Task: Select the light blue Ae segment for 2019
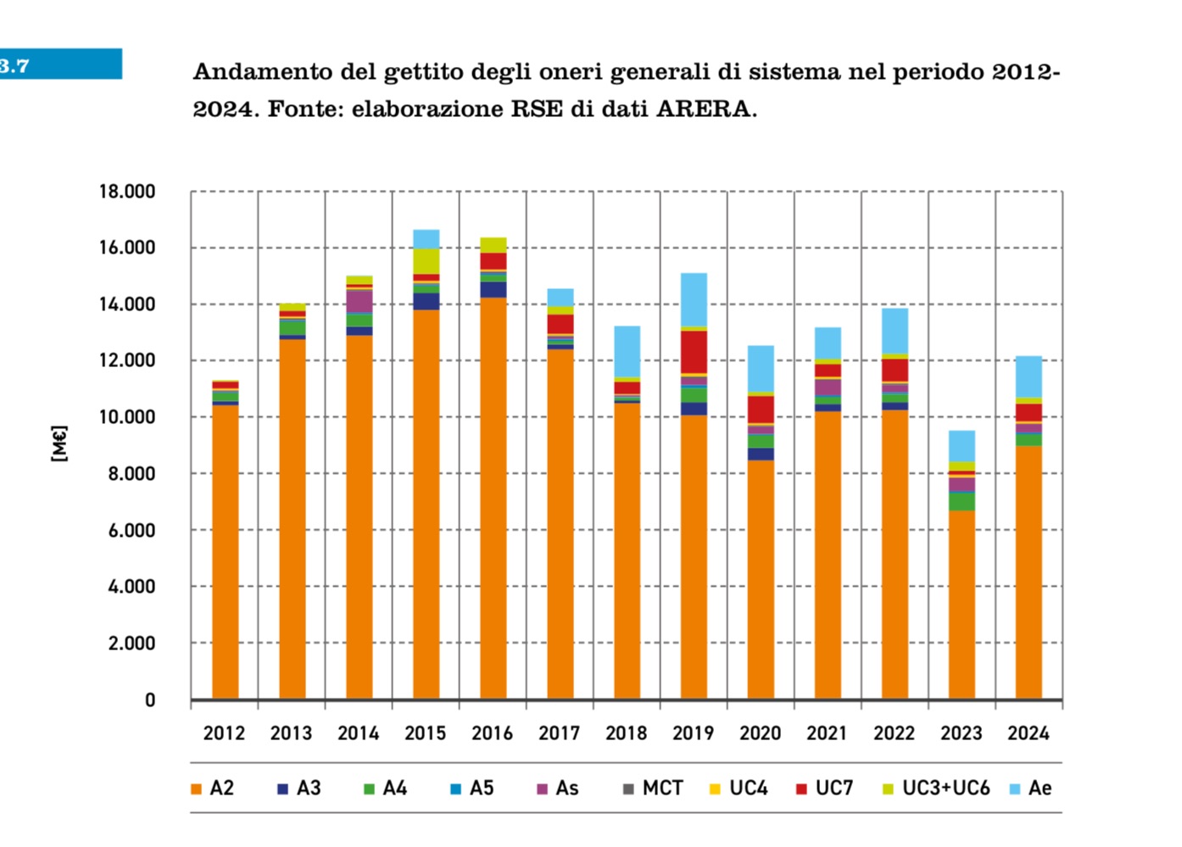pos(694,299)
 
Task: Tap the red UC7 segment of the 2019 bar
pos(694,352)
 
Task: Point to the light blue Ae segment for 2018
pos(627,351)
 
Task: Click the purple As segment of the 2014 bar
pos(359,301)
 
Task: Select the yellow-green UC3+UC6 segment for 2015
pos(426,260)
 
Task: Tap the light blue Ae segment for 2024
pos(1029,376)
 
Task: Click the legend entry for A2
pos(213,788)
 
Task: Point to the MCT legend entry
pos(653,788)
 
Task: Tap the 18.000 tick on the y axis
pos(127,192)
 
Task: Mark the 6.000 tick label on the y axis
pos(131,531)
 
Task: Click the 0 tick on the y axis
pos(150,700)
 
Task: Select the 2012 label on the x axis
pos(224,733)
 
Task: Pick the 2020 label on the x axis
pos(761,733)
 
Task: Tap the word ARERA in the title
pos(704,109)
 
